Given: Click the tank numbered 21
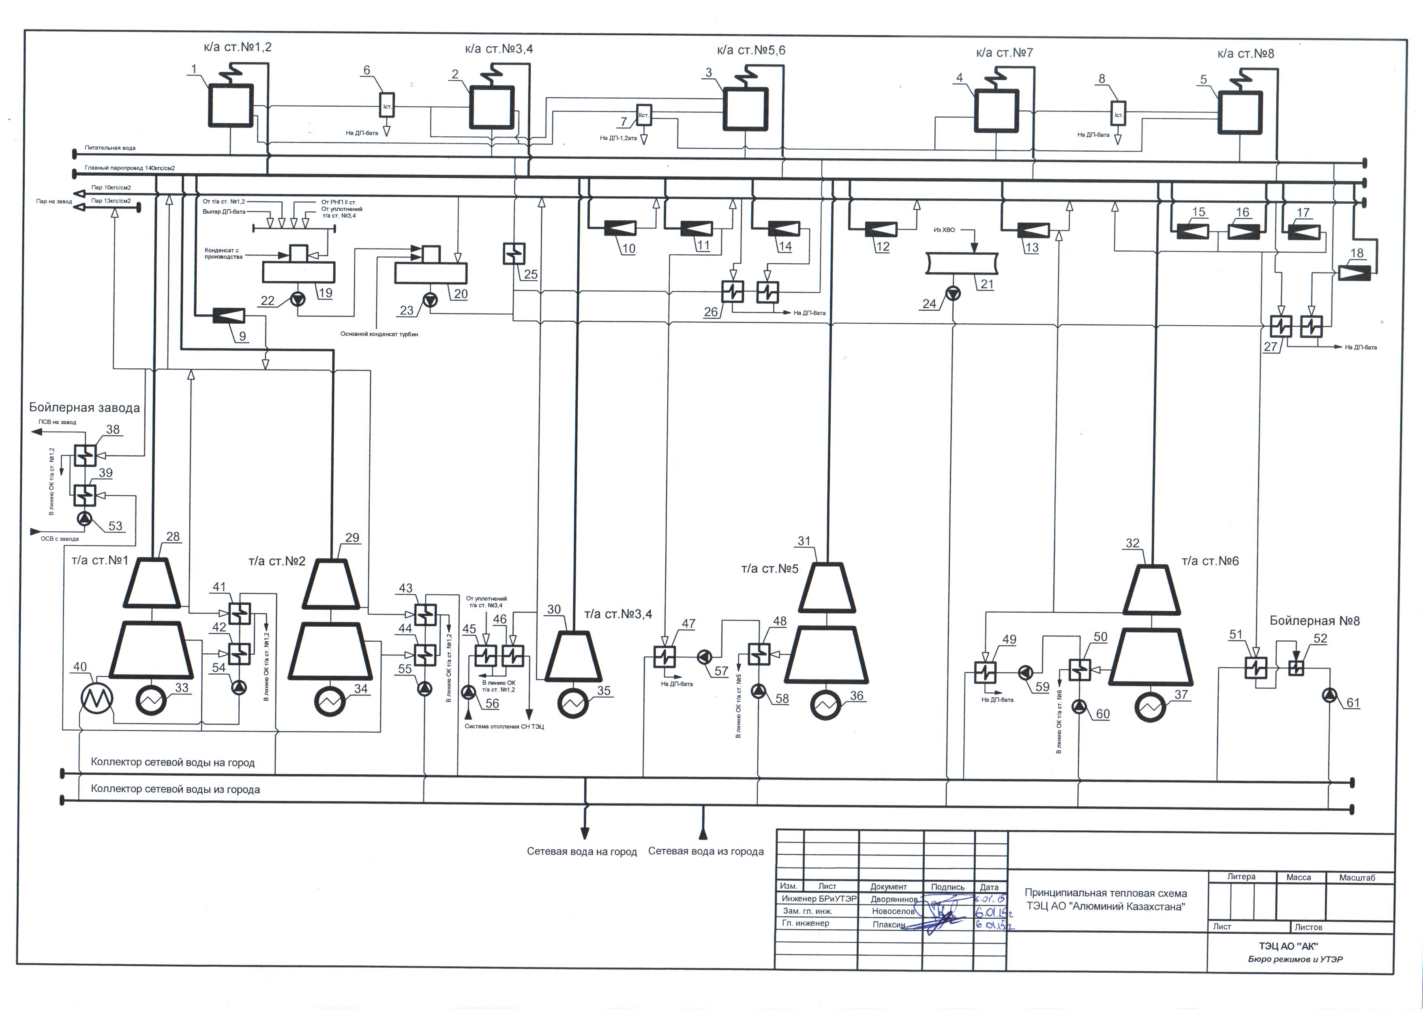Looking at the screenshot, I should click(x=961, y=264).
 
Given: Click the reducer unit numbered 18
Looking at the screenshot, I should click(x=1354, y=273).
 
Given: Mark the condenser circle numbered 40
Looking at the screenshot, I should click(x=96, y=698).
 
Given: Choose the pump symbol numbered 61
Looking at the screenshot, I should click(x=1329, y=695).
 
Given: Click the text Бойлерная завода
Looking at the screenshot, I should click(x=85, y=408).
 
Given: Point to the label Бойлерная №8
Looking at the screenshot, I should click(x=1314, y=621).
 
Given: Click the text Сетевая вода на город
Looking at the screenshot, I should click(x=581, y=851).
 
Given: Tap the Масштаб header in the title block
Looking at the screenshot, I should click(x=1357, y=877).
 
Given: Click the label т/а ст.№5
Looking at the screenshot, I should click(x=769, y=568).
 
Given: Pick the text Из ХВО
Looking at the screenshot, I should click(x=944, y=230).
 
